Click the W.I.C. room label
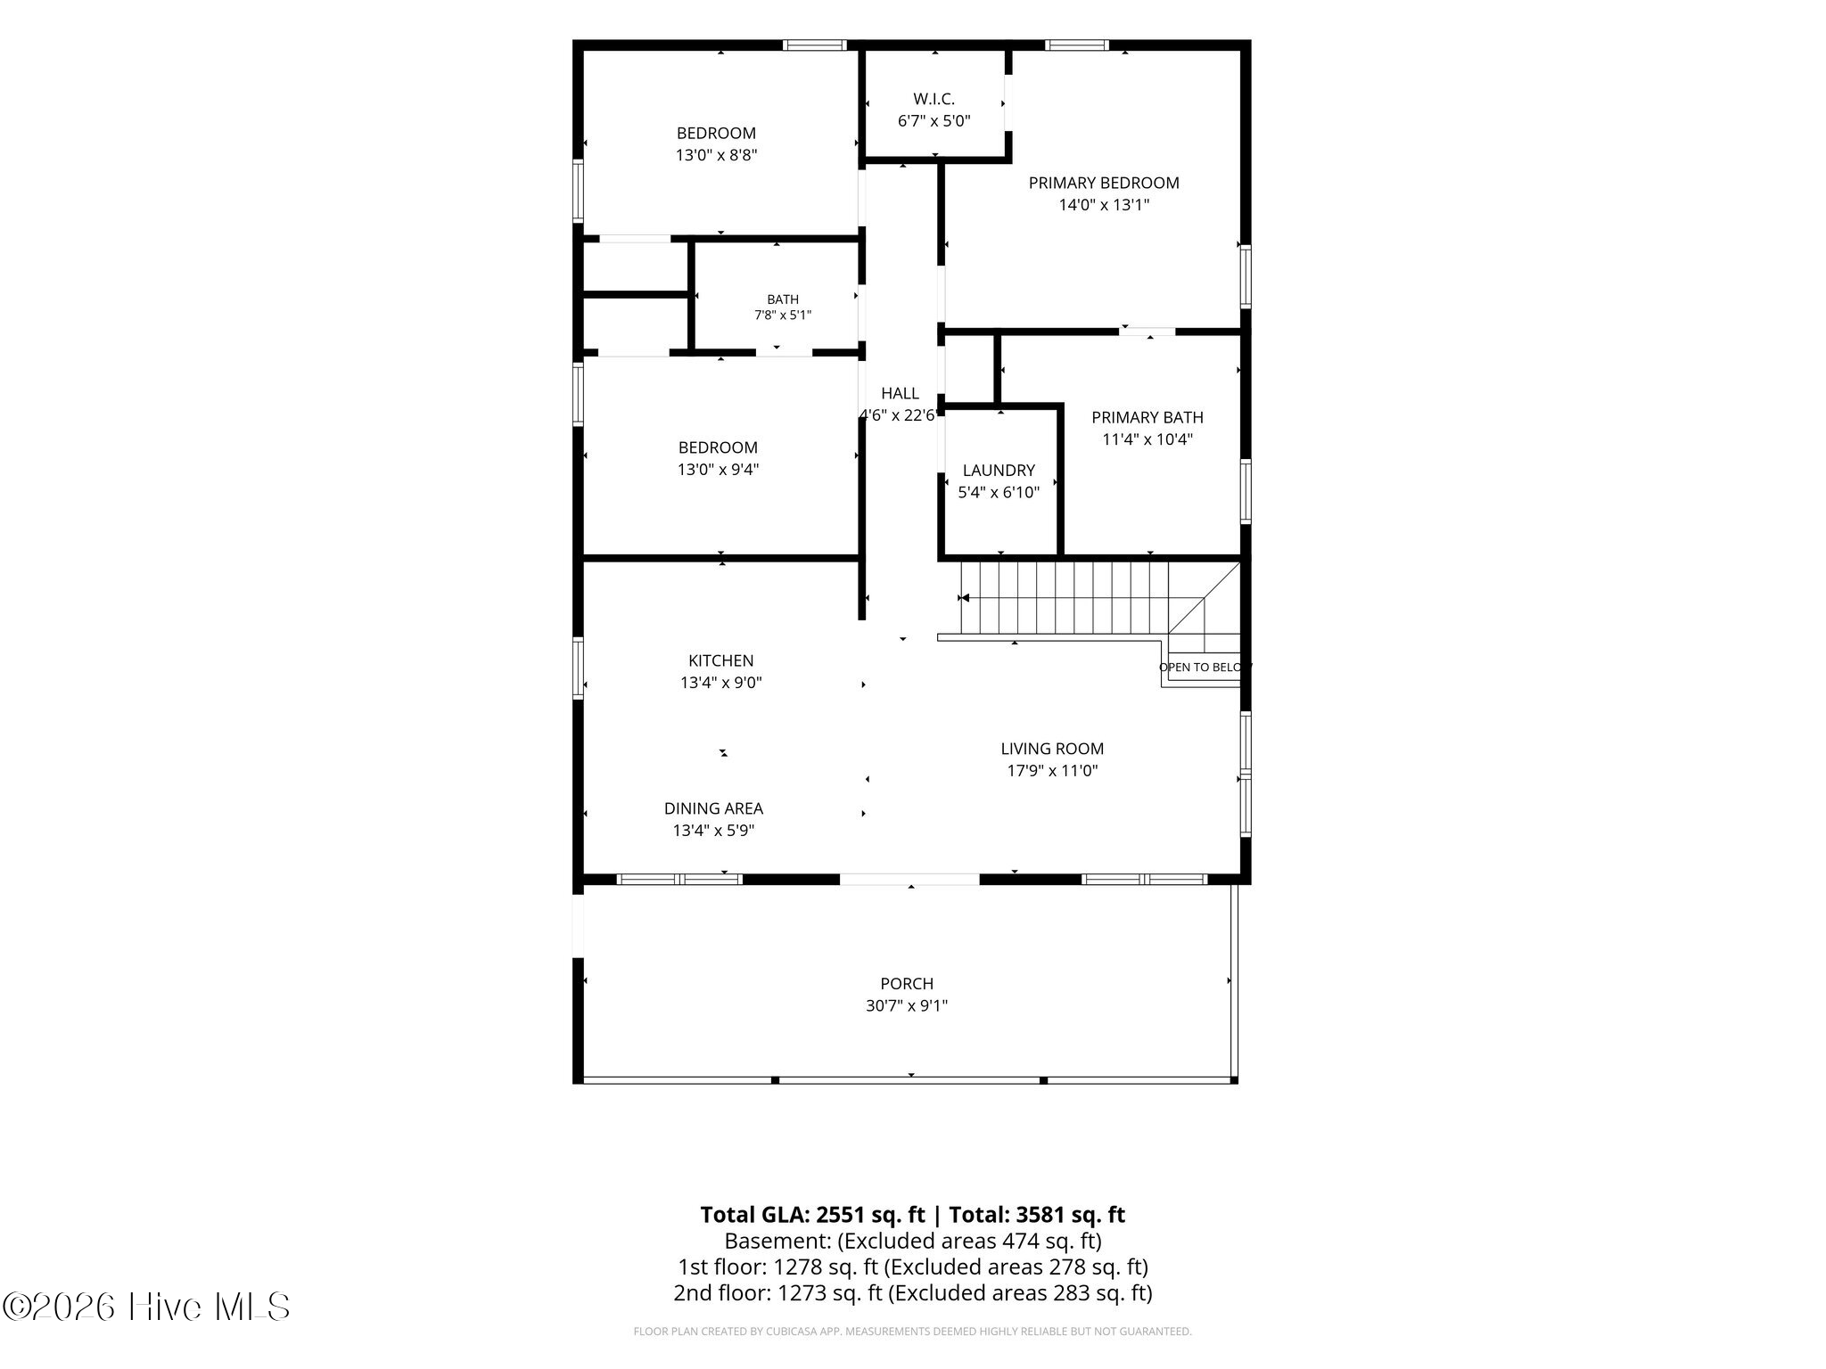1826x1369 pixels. click(x=934, y=99)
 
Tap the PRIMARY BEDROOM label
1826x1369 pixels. click(x=1104, y=183)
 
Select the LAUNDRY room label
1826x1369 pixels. click(x=999, y=471)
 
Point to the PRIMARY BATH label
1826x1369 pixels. click(x=1147, y=417)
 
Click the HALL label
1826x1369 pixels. click(x=900, y=393)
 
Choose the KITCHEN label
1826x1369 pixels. click(x=720, y=660)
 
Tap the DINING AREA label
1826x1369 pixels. click(x=713, y=808)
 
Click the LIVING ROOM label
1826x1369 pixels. click(x=1052, y=749)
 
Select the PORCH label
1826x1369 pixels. click(x=907, y=983)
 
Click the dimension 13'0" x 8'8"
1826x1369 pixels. click(x=716, y=155)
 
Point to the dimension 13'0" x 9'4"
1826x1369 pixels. click(x=718, y=470)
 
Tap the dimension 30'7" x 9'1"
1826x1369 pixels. click(x=907, y=1005)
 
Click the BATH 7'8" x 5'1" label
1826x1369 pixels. click(x=783, y=307)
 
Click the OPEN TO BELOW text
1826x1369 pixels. click(x=1205, y=667)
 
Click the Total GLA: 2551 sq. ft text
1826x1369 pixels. click(x=813, y=1215)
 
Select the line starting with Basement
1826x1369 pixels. click(x=913, y=1241)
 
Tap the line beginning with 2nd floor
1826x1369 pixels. click(x=913, y=1292)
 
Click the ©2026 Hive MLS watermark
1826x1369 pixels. click(x=146, y=1308)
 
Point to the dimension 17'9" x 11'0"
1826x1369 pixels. click(x=1052, y=771)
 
